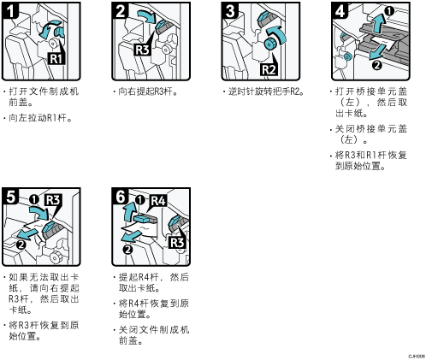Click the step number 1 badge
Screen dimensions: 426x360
10,10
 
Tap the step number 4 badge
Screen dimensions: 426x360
340,10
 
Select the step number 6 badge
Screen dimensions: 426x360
120,196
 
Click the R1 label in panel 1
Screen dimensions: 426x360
56,58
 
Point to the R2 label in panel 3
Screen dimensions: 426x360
269,69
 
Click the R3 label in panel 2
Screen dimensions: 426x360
143,50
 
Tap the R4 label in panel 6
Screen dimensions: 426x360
158,201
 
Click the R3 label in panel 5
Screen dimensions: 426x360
53,200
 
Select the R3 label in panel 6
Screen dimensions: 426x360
177,242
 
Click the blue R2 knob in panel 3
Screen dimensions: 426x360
269,44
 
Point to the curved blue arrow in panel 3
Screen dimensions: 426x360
277,34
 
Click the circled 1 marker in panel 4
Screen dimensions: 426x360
389,11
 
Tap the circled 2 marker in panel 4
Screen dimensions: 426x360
377,65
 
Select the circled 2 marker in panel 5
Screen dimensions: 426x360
21,245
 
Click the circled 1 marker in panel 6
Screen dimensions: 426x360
140,200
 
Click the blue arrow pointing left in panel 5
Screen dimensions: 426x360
27,233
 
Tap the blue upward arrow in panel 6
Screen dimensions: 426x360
129,211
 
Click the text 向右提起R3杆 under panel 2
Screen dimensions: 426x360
145,91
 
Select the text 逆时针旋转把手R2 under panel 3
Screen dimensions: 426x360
264,91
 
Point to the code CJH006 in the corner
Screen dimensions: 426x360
417,356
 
